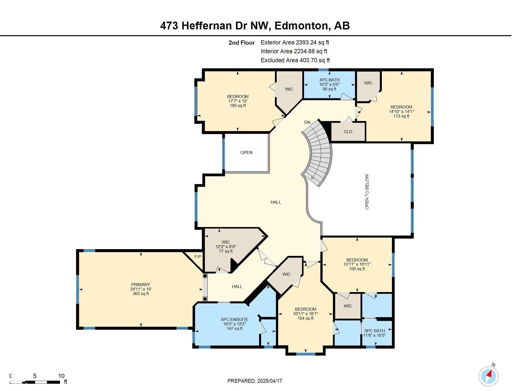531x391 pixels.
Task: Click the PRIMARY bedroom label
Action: point(141,285)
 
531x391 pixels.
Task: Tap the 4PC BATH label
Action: point(329,80)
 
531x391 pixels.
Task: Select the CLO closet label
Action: point(348,132)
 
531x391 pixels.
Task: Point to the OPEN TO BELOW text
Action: point(367,192)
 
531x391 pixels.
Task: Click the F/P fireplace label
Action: point(198,257)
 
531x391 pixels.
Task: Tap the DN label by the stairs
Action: point(307,122)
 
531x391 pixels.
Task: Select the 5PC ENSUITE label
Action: point(234,319)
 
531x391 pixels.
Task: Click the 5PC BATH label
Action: point(375,331)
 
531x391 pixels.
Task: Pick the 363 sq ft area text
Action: point(141,294)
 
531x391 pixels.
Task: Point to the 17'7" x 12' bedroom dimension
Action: point(238,101)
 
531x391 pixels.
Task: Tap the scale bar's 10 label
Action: point(61,376)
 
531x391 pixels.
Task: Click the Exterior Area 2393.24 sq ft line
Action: point(295,42)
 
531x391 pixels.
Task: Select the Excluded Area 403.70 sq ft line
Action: point(295,60)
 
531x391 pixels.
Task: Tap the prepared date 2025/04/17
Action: point(269,381)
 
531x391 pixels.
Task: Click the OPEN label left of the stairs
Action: point(246,152)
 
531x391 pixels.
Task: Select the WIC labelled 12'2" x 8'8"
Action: point(226,242)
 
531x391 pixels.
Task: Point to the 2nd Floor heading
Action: point(242,43)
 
